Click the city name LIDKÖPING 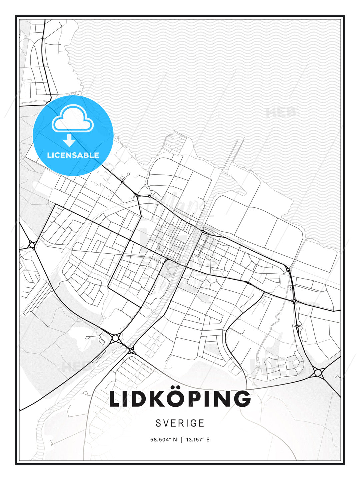point(180,399)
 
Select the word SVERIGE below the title point(180,423)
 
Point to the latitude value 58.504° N point(164,440)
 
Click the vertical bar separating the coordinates point(181,440)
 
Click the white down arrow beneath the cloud point(69,140)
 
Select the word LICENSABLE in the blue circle point(73,155)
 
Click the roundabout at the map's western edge point(32,245)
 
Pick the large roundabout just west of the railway point(115,338)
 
